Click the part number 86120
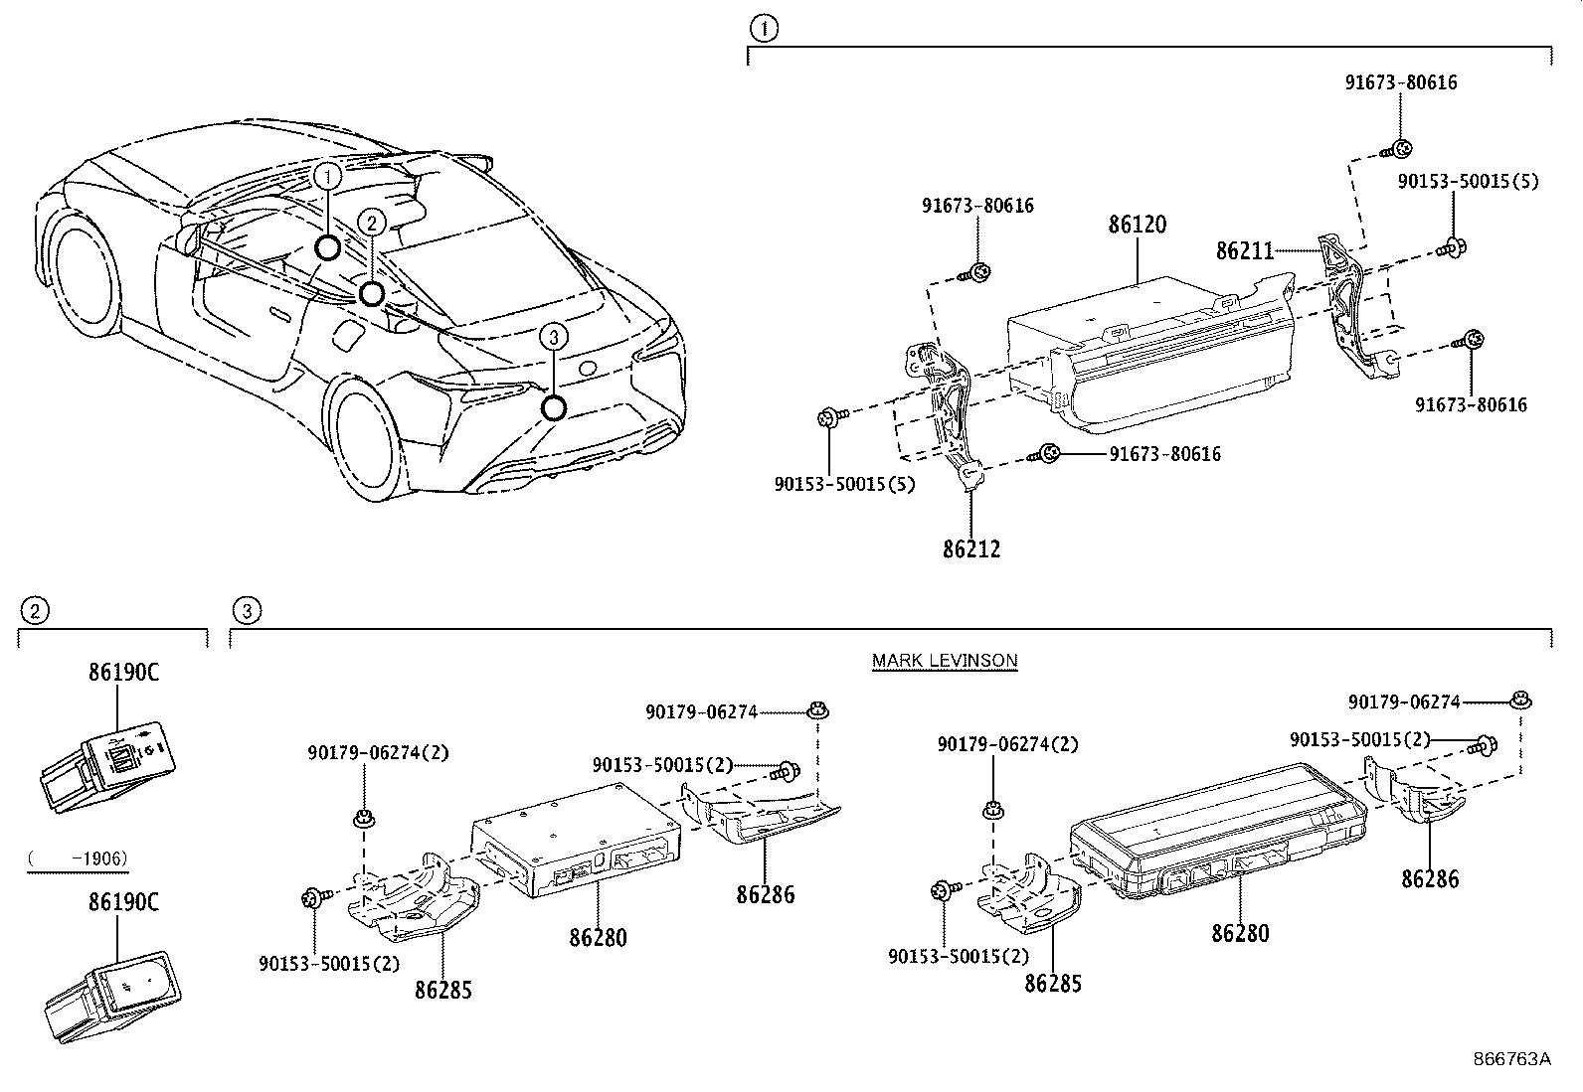tap(1137, 225)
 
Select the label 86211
tap(1244, 250)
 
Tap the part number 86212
tap(970, 548)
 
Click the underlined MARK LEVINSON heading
tap(945, 660)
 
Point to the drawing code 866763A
tap(1511, 1058)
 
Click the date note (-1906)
tap(78, 858)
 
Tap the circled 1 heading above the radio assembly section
tap(763, 29)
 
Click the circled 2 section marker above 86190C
tap(34, 609)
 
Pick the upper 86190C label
tap(123, 672)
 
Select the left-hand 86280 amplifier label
tap(598, 936)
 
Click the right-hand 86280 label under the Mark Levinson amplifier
tap(1240, 932)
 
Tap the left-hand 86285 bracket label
tap(442, 990)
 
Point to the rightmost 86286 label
tap(1430, 878)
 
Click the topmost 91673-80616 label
tap(1401, 82)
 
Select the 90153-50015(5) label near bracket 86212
tap(844, 484)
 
